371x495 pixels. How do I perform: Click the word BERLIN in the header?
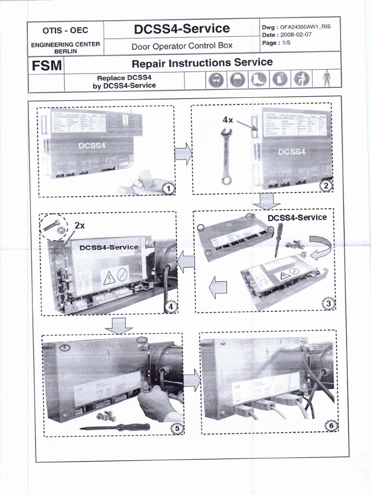point(65,51)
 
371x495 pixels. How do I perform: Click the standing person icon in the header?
point(327,78)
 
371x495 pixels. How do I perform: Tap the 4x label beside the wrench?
point(228,119)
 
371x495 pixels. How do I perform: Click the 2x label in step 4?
point(80,225)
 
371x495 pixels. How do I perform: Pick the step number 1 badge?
point(168,189)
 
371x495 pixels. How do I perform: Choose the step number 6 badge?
point(331,426)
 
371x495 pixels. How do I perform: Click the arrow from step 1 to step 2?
point(183,154)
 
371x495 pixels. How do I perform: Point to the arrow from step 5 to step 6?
point(191,381)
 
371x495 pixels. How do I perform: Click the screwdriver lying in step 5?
point(114,427)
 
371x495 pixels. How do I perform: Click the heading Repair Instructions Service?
point(202,62)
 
